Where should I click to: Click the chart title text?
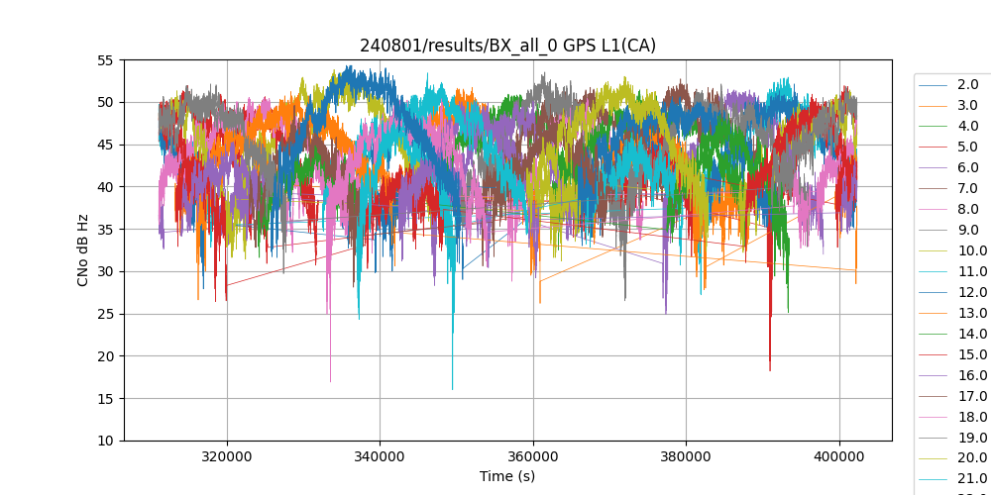(507, 46)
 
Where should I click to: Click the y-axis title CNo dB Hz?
(83, 250)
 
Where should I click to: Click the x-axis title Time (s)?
(507, 476)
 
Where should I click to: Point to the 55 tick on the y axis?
(104, 60)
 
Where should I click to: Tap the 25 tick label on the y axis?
(104, 314)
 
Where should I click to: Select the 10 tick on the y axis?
(104, 441)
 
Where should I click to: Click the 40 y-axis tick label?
(104, 187)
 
